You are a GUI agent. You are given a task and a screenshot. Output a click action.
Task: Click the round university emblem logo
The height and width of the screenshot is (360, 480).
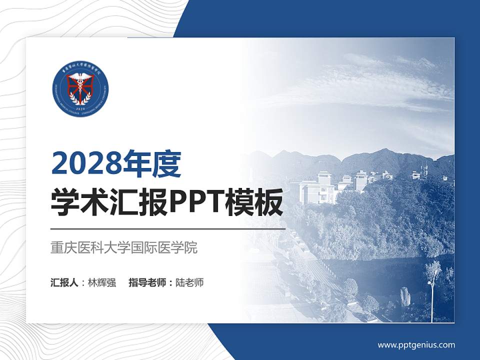tap(80, 89)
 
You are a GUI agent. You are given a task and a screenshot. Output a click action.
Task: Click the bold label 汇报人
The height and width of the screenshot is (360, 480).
tap(64, 282)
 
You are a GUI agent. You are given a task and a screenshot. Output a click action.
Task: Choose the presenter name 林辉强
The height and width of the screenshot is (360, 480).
tap(102, 282)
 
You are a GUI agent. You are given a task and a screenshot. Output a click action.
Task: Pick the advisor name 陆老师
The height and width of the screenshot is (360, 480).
tap(190, 282)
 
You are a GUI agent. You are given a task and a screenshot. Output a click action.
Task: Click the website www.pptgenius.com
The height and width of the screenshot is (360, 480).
tap(416, 345)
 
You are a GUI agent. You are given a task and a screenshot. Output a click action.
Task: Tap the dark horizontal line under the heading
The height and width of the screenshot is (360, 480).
tap(168, 229)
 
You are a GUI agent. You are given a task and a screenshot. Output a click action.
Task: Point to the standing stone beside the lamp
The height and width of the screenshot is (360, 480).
tap(406, 296)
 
